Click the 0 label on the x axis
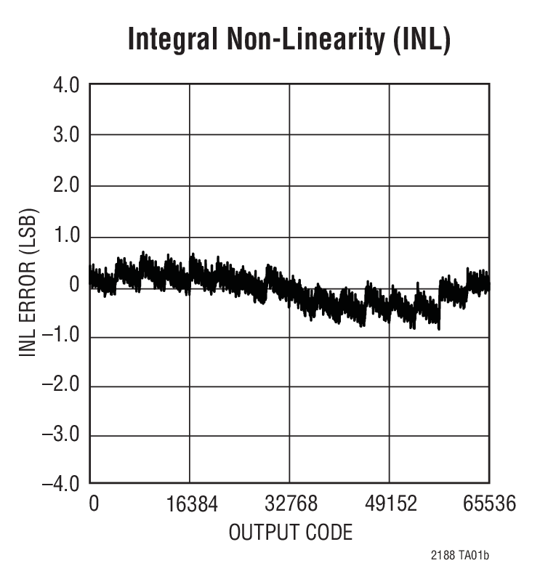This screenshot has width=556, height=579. [x=93, y=503]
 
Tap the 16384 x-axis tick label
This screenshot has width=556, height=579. [x=190, y=503]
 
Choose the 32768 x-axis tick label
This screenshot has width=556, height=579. [x=290, y=503]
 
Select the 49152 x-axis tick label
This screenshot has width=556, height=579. [x=390, y=503]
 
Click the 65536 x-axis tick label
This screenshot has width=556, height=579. [x=489, y=503]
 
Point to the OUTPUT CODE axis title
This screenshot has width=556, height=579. [x=290, y=533]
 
